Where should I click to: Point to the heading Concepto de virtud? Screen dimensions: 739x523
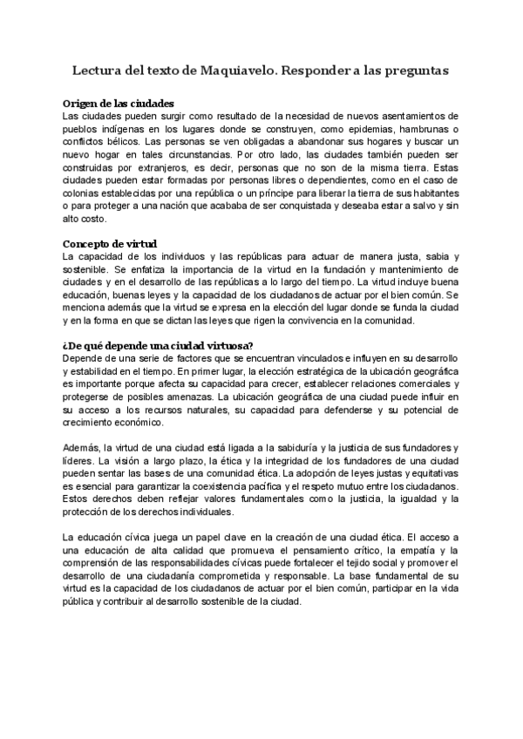pyautogui.click(x=111, y=244)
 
